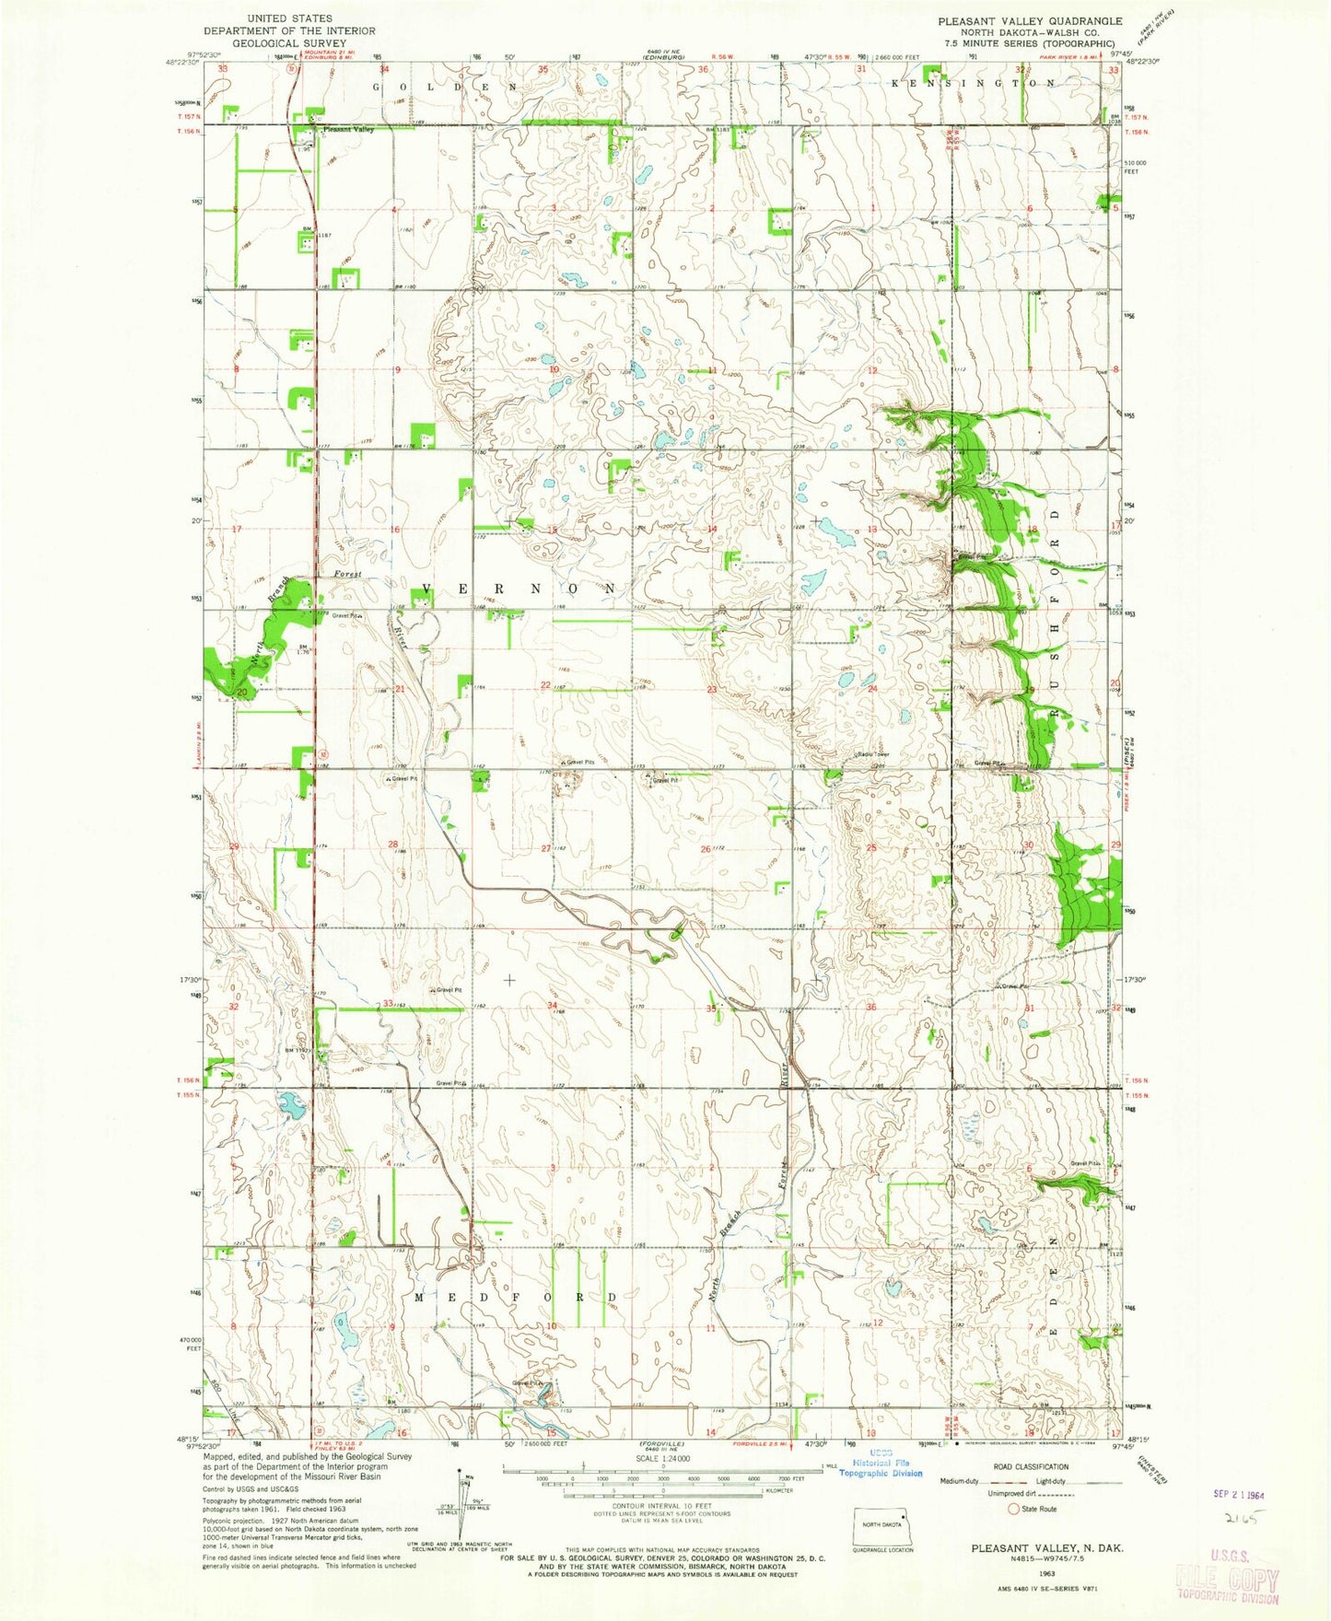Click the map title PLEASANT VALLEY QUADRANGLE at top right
point(1030,20)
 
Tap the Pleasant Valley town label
point(347,130)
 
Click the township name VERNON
point(519,588)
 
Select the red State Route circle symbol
point(1013,1509)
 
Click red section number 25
point(870,847)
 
